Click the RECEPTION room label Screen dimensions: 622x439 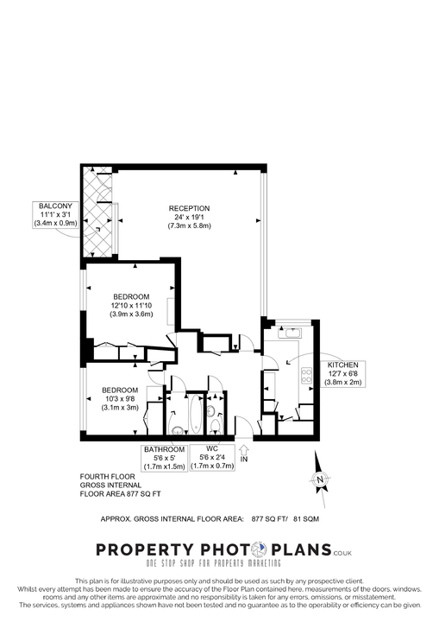tap(189, 217)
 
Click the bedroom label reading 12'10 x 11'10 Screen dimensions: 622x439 tap(131, 305)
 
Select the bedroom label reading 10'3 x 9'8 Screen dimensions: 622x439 tap(120, 398)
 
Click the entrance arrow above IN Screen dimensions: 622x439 tap(244, 447)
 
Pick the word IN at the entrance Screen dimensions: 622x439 tap(244, 459)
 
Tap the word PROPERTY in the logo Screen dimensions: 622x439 tap(131, 550)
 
